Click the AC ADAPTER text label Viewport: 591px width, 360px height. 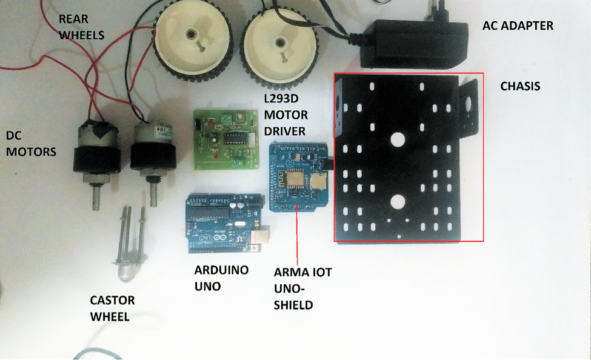coord(518,26)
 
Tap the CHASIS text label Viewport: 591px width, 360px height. coord(520,87)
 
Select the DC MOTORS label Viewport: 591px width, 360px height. coord(31,143)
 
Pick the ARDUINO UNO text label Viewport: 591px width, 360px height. coord(221,277)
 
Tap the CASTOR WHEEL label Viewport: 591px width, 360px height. coord(112,308)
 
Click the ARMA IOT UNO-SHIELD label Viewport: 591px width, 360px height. coord(302,288)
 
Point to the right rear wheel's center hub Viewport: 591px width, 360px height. coord(279,43)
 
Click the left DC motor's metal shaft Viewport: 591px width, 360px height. coord(96,195)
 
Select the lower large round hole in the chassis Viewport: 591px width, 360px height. coord(398,202)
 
